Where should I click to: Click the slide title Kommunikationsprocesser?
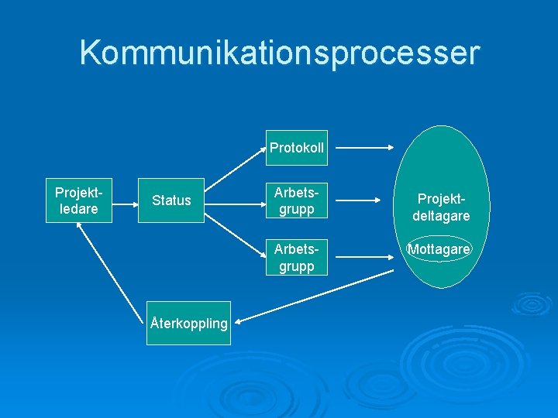279,53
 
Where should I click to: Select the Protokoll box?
296,148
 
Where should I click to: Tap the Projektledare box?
79,201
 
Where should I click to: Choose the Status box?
171,200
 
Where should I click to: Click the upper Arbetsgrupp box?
296,200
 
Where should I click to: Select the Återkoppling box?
189,323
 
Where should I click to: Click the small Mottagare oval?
439,249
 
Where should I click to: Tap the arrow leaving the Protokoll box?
363,147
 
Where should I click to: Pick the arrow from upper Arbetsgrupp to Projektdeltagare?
363,200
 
